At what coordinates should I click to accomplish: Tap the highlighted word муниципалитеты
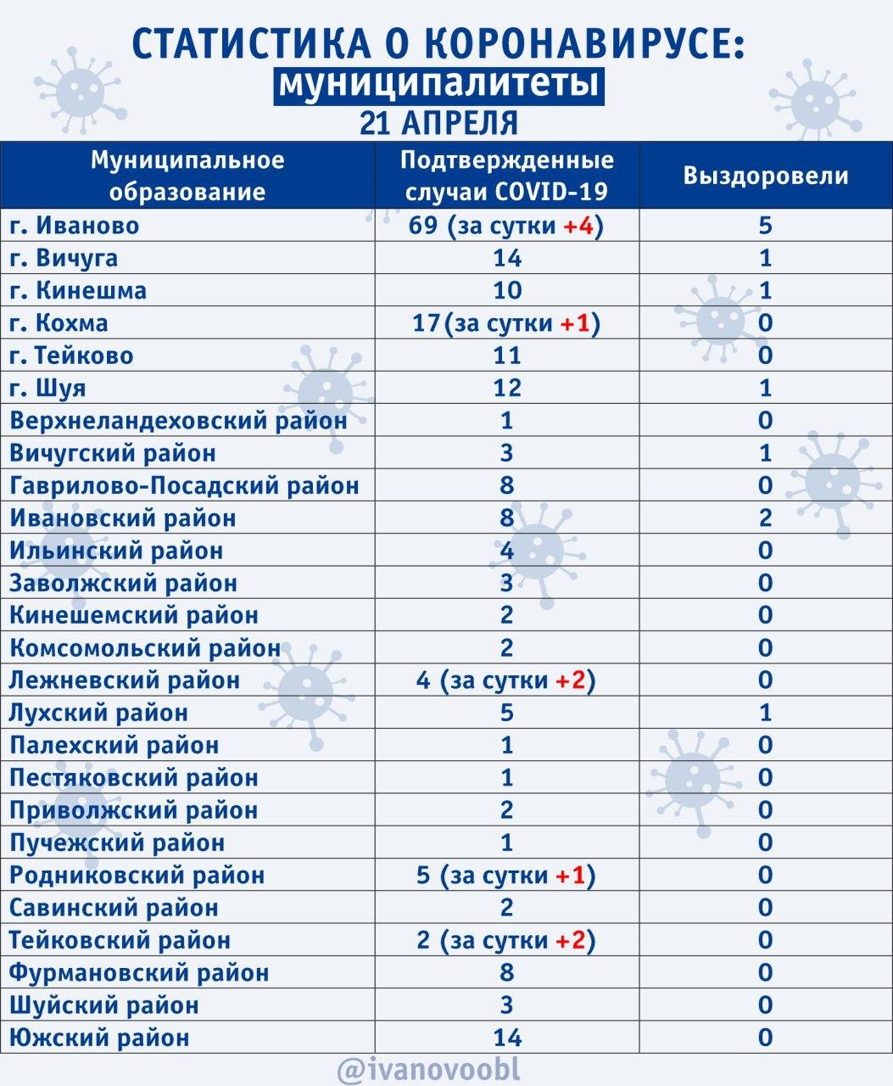tap(438, 85)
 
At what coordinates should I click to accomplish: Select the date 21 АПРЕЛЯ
tap(438, 122)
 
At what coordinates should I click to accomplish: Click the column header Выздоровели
tap(765, 176)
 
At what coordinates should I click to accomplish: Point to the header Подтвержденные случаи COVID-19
tap(506, 176)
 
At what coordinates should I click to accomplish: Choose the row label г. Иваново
tap(75, 226)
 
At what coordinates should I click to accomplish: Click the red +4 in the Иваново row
tap(579, 226)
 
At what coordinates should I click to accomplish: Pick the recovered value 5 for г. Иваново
tap(765, 226)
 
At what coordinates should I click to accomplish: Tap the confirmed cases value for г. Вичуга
tap(506, 258)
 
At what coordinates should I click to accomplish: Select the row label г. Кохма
tap(59, 323)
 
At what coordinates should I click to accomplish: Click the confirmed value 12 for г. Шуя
tap(506, 388)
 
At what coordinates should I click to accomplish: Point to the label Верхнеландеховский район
tap(178, 421)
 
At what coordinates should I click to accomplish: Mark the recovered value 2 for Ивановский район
tap(765, 518)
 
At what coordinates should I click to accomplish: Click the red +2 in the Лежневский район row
tap(572, 680)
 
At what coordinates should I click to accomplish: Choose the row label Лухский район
tap(99, 713)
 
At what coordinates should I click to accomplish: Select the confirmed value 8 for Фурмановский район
tap(506, 972)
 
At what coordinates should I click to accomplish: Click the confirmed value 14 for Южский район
tap(506, 1037)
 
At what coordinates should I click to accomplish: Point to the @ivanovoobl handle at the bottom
tap(428, 1067)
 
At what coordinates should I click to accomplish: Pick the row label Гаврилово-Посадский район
tap(184, 485)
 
